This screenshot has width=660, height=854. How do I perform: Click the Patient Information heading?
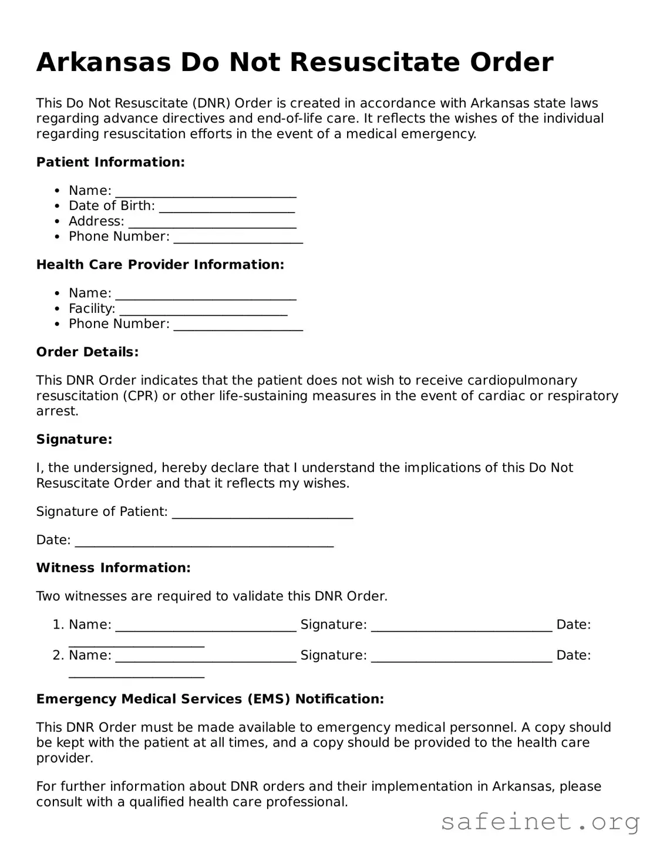(110, 162)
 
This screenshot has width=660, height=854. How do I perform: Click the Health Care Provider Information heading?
(160, 265)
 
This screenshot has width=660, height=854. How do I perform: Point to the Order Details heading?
(87, 352)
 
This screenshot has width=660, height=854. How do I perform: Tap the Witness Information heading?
(113, 568)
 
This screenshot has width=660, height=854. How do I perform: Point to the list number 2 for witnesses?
(58, 655)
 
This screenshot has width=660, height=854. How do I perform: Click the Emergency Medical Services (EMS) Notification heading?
(210, 699)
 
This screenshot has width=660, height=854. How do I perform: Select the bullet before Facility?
(57, 309)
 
